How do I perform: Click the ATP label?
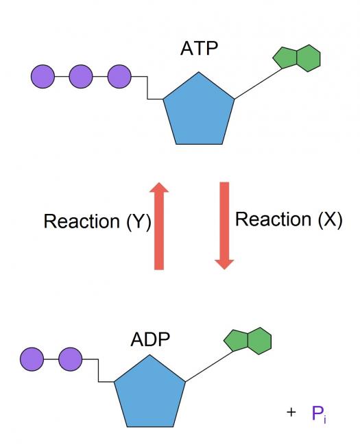point(200,49)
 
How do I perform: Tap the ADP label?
point(150,339)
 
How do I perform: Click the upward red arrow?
point(159,226)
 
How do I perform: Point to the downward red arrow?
point(224,226)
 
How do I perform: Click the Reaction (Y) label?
point(97,221)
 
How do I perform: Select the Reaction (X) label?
point(289,219)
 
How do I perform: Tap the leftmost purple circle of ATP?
point(43,76)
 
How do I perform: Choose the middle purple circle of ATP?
point(81,76)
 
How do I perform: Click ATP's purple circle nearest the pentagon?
point(119,76)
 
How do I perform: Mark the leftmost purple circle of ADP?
point(32,359)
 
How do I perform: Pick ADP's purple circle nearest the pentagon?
point(71,359)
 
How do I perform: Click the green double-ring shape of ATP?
point(297,58)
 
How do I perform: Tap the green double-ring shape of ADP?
point(248,341)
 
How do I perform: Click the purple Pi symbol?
point(319,414)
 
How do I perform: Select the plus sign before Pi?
point(291,412)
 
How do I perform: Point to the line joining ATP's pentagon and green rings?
point(258,84)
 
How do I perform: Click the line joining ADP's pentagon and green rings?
point(209,367)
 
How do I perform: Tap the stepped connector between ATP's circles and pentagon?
point(147,88)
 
